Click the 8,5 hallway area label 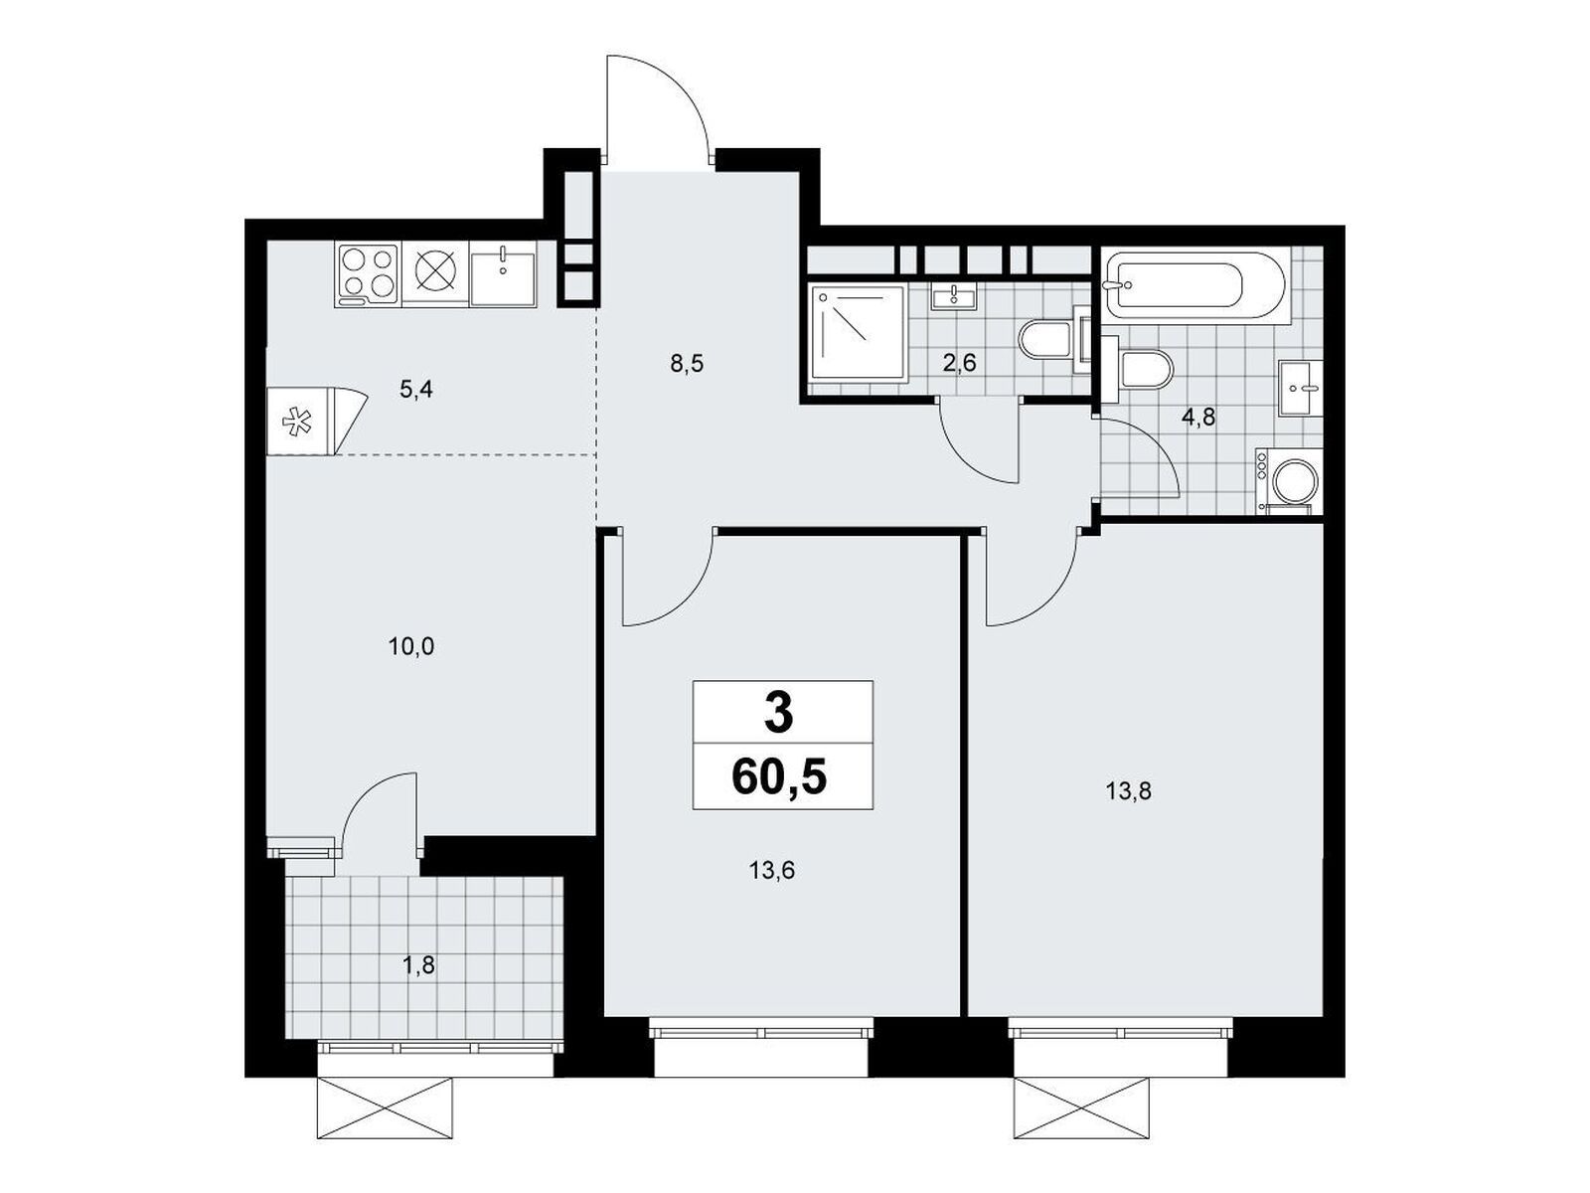point(687,364)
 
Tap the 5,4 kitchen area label point(415,390)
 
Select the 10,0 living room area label point(411,647)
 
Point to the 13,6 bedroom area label point(771,870)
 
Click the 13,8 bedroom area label point(1128,791)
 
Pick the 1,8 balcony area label point(419,964)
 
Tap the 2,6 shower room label point(960,363)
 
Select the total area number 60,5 point(779,778)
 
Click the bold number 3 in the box point(779,714)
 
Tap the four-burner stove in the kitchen point(368,275)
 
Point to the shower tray point(859,332)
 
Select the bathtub point(1194,287)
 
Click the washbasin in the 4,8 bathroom point(1300,388)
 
